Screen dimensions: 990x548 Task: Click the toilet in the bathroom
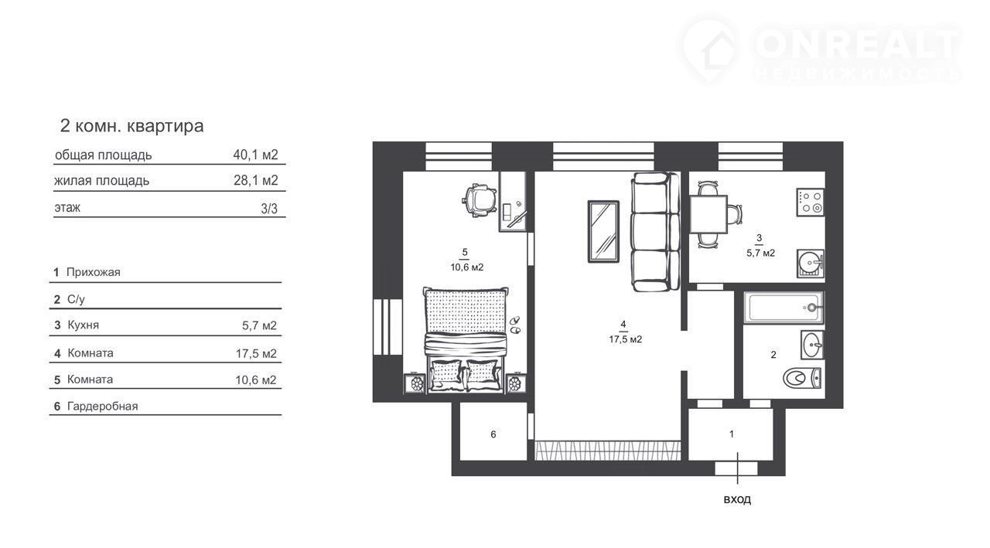tap(802, 379)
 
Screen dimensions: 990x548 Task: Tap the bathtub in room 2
tap(783, 308)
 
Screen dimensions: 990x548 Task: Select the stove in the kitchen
tap(811, 203)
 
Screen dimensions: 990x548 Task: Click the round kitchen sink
tap(811, 264)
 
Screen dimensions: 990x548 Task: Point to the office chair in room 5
tap(480, 201)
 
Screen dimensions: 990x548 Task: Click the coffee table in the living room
tap(603, 231)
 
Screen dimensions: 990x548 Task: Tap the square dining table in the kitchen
tap(708, 215)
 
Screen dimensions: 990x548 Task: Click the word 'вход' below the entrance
tap(737, 499)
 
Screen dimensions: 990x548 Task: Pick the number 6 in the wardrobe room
tap(493, 434)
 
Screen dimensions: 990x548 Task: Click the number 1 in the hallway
tap(732, 434)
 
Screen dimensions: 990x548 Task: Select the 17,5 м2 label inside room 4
tap(626, 339)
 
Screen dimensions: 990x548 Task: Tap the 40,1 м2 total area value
tap(255, 155)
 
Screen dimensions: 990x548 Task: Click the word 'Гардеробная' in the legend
tap(103, 407)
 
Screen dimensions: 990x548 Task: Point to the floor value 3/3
tap(269, 209)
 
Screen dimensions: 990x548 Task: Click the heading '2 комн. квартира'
tap(131, 126)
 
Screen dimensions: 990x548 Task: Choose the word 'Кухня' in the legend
tap(83, 325)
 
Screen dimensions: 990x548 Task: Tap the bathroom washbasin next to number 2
tap(812, 345)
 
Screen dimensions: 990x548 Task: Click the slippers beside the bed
tap(515, 325)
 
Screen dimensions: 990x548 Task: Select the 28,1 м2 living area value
tap(256, 180)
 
